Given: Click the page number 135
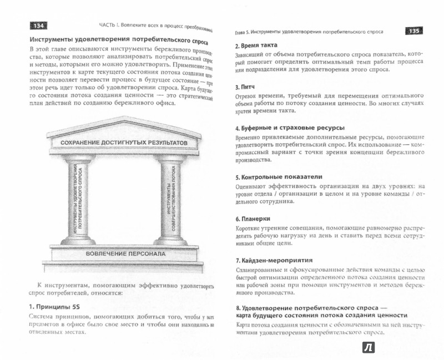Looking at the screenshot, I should (415, 31).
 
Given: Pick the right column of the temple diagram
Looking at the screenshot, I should (170, 194).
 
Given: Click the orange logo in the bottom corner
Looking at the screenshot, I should (367, 347).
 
